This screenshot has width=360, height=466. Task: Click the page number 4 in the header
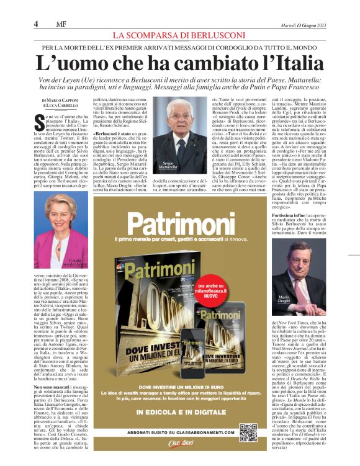36,24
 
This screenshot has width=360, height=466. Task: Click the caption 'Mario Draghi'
285,300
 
